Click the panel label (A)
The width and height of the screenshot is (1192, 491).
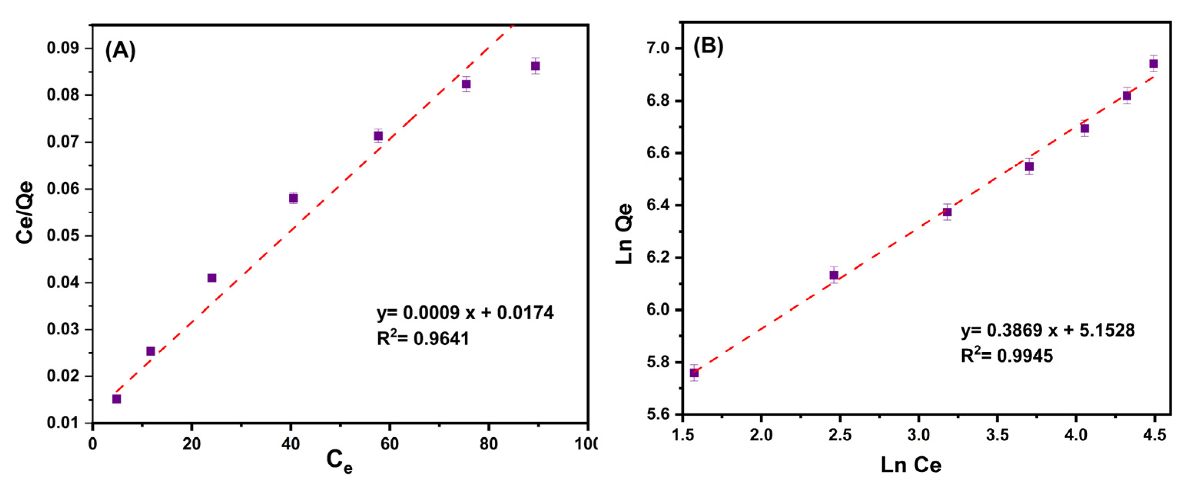coord(120,50)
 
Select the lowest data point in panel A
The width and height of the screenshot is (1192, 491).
coord(117,399)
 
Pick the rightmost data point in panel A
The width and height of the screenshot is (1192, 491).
coord(535,66)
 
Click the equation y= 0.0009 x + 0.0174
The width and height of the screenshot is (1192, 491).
coord(465,313)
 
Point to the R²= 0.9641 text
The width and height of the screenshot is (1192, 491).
coord(423,339)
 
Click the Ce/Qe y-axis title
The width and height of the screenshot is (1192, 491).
coord(25,212)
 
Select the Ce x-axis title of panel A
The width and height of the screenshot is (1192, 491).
coord(339,461)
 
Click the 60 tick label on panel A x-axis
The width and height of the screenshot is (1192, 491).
coord(389,444)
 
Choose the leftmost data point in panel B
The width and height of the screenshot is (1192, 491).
coord(694,373)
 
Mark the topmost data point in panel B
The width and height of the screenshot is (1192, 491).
coord(1154,64)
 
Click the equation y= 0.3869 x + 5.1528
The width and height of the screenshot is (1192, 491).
coord(1048,330)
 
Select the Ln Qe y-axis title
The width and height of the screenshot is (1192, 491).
coord(624,234)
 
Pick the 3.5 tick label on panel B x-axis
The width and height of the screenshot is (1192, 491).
coord(997,435)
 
